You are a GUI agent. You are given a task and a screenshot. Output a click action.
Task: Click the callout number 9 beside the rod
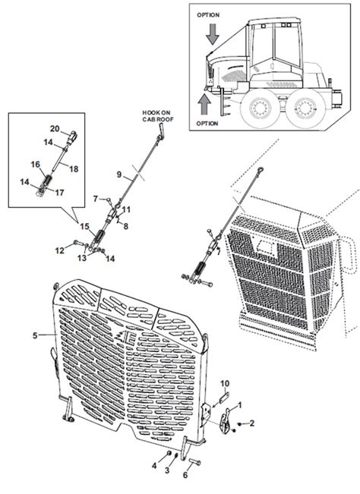pyautogui.click(x=118, y=175)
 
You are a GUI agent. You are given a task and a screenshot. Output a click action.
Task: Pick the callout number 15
pyautogui.click(x=85, y=225)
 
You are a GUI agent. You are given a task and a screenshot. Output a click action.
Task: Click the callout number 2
pyautogui.click(x=252, y=422)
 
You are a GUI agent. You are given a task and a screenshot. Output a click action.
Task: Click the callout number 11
pyautogui.click(x=126, y=209)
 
